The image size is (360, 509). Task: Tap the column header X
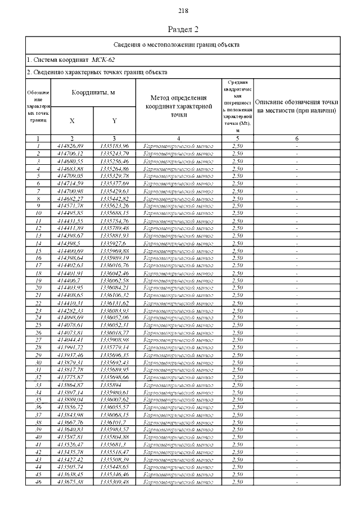(x=72, y=120)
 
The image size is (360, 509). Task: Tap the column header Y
(x=114, y=120)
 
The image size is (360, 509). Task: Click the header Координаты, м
(x=93, y=92)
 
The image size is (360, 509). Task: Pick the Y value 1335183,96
(x=114, y=146)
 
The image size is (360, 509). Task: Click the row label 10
(x=38, y=213)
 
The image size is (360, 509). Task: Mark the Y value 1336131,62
(x=114, y=303)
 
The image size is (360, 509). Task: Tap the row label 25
(x=38, y=325)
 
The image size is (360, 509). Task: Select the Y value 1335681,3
(x=113, y=444)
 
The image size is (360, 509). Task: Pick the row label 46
(x=38, y=481)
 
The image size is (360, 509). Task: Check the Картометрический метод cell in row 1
(x=178, y=146)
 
